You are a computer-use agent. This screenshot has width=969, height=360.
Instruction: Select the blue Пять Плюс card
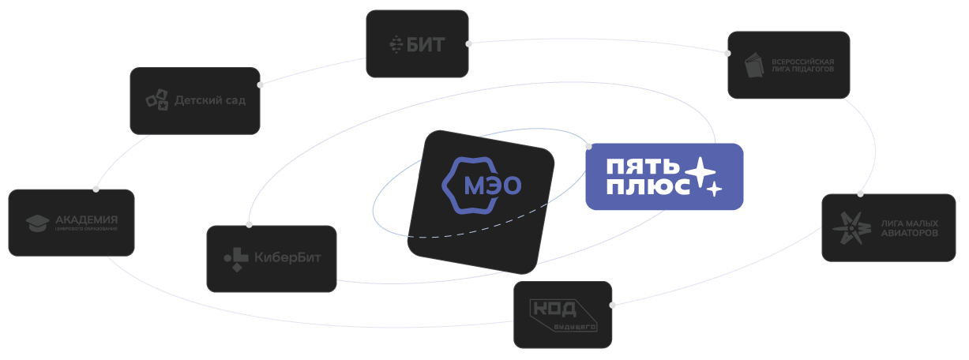tap(663, 176)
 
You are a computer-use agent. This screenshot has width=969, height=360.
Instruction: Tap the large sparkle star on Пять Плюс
tap(700, 171)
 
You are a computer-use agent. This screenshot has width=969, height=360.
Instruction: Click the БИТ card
tap(417, 43)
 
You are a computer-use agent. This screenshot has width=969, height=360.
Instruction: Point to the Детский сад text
tap(210, 100)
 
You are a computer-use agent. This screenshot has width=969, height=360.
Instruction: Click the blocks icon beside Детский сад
tap(157, 100)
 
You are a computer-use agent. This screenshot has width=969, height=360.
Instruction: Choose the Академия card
tap(71, 223)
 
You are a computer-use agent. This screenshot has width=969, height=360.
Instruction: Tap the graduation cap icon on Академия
tap(37, 223)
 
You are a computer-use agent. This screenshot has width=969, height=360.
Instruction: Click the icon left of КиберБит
tap(235, 258)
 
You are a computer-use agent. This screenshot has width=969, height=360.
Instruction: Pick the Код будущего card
tap(562, 314)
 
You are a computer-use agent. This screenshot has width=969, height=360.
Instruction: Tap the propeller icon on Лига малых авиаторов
tap(850, 227)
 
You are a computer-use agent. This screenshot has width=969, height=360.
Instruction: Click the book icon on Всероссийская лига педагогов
tap(756, 66)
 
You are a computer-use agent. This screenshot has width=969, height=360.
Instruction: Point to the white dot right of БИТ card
tap(469, 44)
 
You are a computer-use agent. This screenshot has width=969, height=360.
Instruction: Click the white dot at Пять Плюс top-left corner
tap(588, 146)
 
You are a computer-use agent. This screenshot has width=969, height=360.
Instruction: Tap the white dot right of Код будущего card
tap(612, 305)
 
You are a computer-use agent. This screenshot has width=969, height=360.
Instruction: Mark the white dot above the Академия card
tap(96, 189)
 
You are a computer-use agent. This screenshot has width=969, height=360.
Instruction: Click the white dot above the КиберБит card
tap(250, 224)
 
